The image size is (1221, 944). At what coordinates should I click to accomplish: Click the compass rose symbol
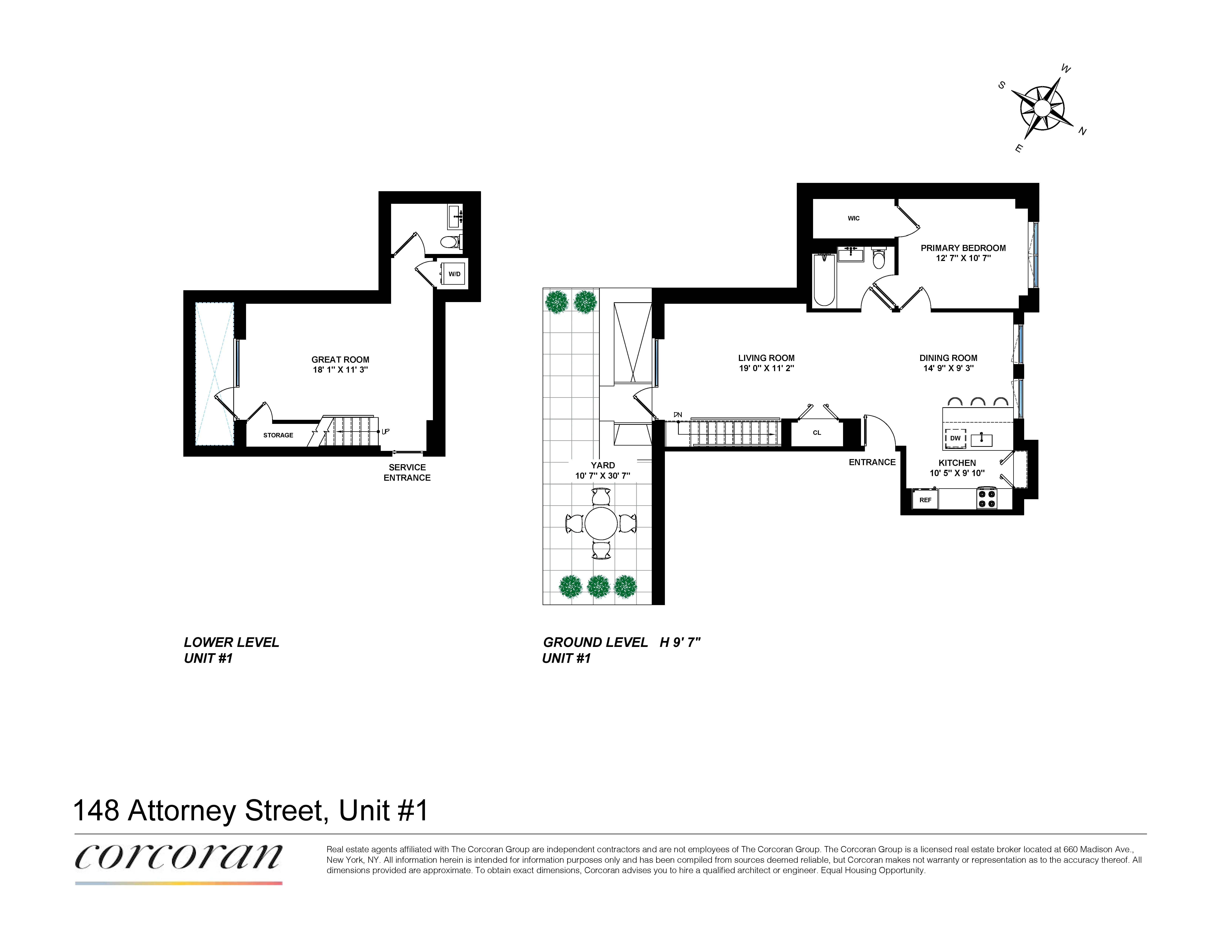pyautogui.click(x=1042, y=108)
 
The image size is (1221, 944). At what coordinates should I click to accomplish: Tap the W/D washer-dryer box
pyautogui.click(x=454, y=274)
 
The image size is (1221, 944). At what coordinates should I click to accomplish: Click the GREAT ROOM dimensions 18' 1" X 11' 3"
pyautogui.click(x=340, y=370)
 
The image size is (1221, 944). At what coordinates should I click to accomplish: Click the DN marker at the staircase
pyautogui.click(x=678, y=414)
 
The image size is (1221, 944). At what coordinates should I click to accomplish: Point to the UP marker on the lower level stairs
pyautogui.click(x=385, y=431)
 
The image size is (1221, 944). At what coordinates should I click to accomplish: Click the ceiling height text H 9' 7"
pyautogui.click(x=680, y=642)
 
